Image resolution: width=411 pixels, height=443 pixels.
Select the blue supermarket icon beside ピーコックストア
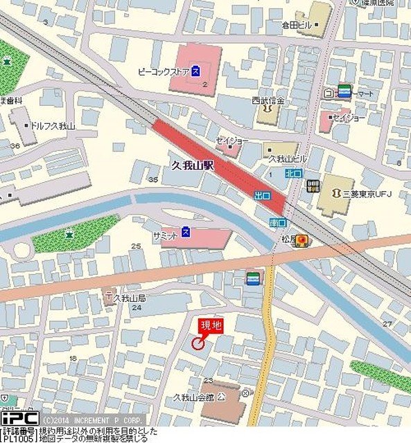pyautogui.click(x=196, y=70)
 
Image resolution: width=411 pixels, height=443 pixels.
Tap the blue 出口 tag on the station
pyautogui.click(x=262, y=197)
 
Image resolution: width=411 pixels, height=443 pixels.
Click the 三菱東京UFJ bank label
pyautogui.click(x=363, y=193)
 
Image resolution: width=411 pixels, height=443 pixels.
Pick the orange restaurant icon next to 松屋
pyautogui.click(x=303, y=240)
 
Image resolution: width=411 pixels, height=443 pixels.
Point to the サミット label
pyautogui.click(x=166, y=235)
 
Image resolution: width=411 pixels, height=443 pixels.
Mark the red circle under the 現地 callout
pyautogui.click(x=198, y=343)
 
